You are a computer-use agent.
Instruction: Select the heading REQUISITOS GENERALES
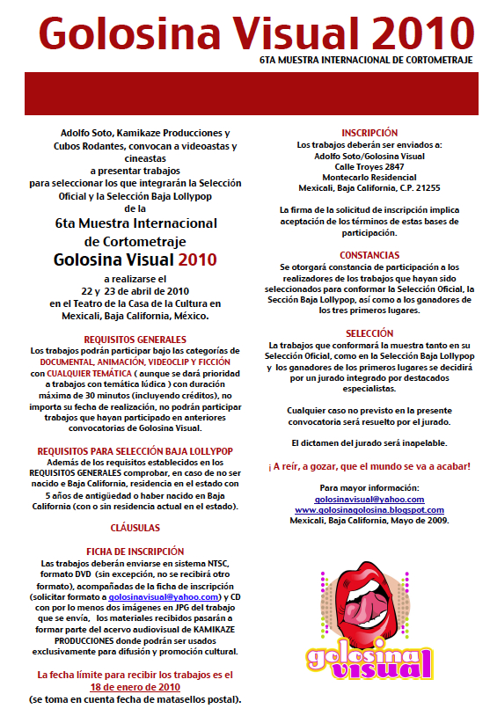tap(135, 339)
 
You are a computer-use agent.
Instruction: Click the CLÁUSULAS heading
tap(135, 528)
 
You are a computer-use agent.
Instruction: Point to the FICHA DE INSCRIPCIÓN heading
tap(135, 551)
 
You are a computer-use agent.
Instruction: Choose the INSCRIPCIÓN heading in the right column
tap(370, 133)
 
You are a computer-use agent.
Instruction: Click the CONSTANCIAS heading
tap(370, 255)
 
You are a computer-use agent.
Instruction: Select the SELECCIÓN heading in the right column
tap(370, 334)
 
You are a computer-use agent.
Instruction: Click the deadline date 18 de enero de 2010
tap(135, 687)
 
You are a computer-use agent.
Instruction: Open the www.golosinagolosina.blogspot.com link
tap(369, 510)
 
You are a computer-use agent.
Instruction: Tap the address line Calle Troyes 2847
tap(370, 166)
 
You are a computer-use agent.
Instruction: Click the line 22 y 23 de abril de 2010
tap(135, 291)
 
